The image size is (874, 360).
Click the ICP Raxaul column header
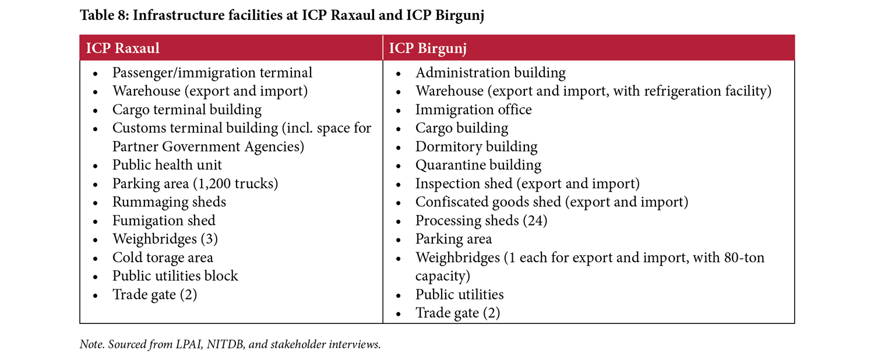(122, 48)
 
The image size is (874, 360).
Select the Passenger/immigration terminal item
(212, 73)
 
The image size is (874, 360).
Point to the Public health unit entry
(167, 165)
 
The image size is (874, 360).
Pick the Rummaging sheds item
(169, 202)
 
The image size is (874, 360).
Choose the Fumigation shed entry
(164, 221)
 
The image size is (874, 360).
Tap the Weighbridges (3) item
(165, 239)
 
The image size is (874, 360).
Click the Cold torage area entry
(163, 257)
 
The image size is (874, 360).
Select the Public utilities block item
(175, 276)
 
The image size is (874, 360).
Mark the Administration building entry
(490, 73)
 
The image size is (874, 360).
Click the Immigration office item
(473, 110)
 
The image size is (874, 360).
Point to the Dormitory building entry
(476, 146)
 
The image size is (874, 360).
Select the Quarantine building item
(478, 165)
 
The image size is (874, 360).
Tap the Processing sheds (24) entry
(481, 221)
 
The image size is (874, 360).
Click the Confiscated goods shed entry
(551, 202)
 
